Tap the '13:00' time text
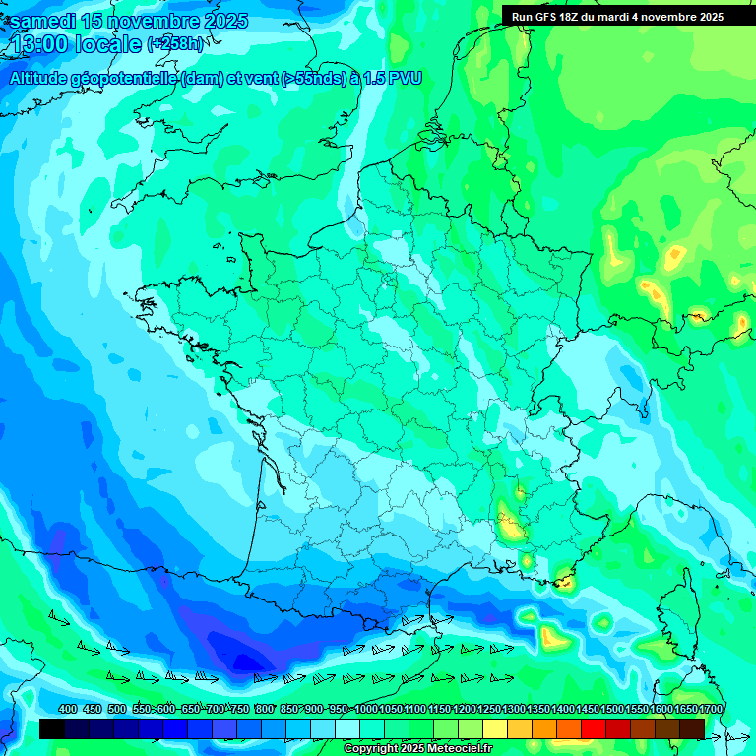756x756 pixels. pos(37,44)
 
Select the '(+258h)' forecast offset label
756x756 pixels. pos(174,44)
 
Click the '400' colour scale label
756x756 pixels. pos(67,709)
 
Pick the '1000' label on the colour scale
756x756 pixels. pos(366,709)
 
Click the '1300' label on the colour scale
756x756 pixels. pos(514,709)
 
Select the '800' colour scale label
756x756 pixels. pos(264,709)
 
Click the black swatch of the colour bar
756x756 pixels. pos(52,728)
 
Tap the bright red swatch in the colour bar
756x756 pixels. pos(594,728)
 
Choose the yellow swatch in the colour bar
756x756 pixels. pos(495,728)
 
